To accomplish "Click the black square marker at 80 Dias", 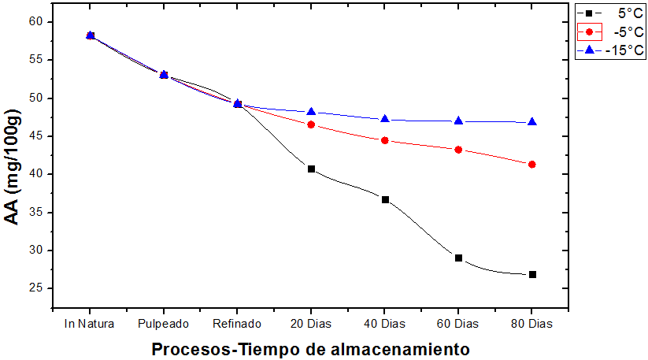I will [532, 274].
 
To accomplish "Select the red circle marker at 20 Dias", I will [311, 124].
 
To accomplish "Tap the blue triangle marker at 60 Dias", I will [458, 121].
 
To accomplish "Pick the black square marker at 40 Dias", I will [385, 199].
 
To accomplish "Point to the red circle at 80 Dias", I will [532, 164].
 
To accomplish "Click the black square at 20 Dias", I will [311, 169].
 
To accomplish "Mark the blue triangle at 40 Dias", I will [385, 119].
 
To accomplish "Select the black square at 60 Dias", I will [458, 258].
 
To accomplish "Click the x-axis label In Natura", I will [90, 324].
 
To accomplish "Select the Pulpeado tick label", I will [163, 324].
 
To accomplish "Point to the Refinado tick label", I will [237, 324].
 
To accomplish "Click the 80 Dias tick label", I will [532, 324].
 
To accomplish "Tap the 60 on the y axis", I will [35, 22].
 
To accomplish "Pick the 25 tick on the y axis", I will [35, 288].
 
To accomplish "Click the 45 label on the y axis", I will [35, 136].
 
